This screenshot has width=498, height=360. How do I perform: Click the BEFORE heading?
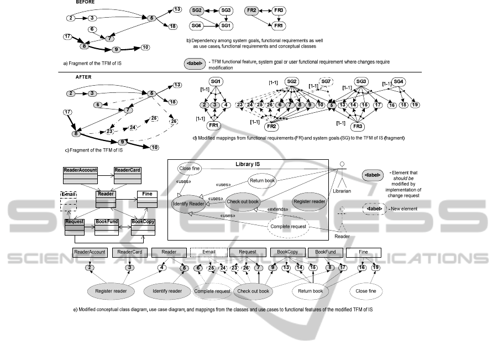85,3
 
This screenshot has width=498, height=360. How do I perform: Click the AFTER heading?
84,77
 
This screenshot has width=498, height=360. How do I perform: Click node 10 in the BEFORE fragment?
145,48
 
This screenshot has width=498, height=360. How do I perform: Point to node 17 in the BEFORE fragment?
67,37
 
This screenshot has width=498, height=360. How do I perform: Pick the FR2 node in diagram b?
251,11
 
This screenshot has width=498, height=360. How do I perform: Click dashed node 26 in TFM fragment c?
174,122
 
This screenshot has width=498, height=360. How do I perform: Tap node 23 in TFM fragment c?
110,131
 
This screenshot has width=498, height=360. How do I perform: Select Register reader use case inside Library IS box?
309,202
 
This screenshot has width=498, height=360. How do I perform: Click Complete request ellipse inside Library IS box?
287,226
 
